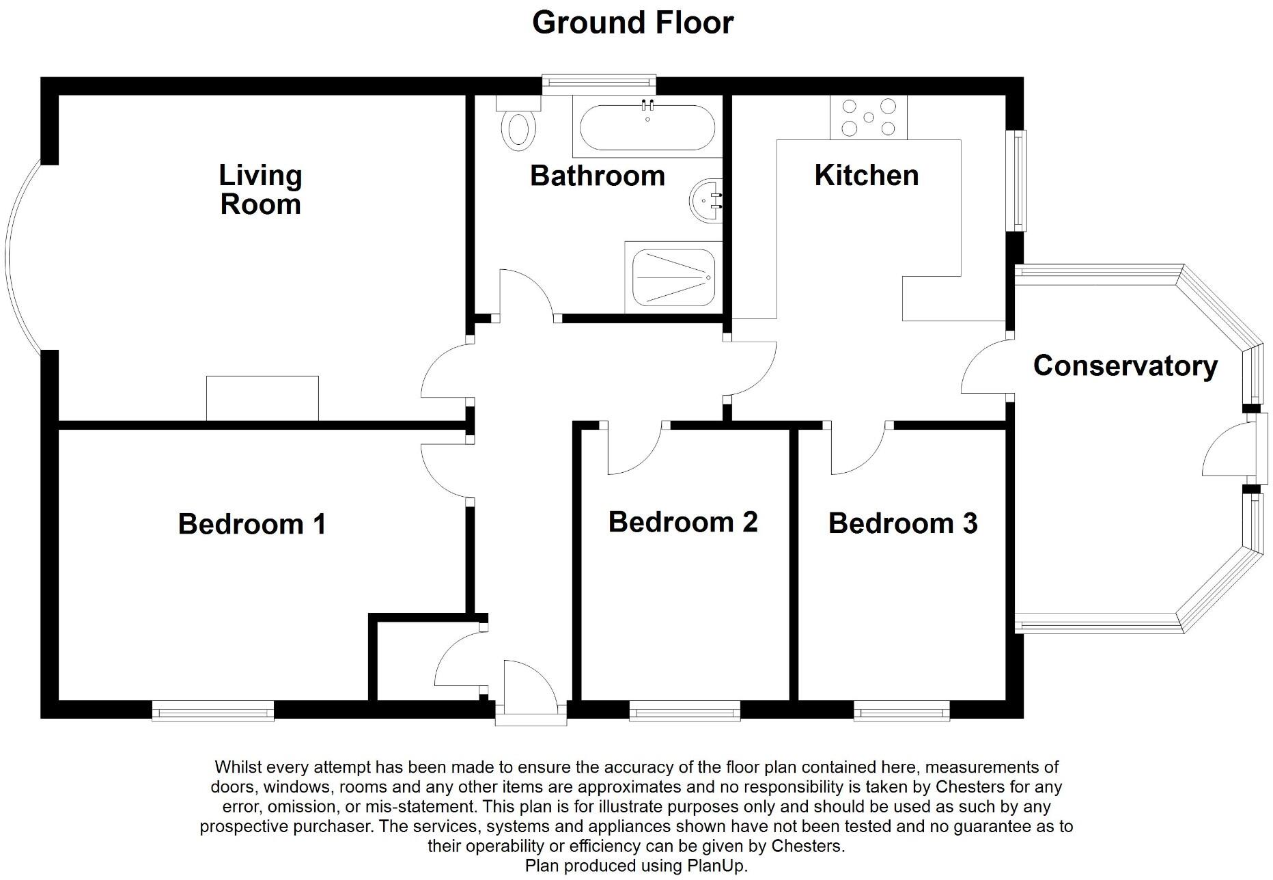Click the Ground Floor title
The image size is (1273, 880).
pyautogui.click(x=632, y=23)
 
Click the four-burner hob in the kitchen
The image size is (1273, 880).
pyautogui.click(x=869, y=118)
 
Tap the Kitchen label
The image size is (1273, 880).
pyautogui.click(x=866, y=176)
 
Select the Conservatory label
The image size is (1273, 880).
pyautogui.click(x=1125, y=366)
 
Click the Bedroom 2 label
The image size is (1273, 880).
pyautogui.click(x=683, y=522)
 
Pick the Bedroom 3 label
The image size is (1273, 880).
pyautogui.click(x=903, y=523)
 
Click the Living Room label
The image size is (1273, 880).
pyautogui.click(x=260, y=190)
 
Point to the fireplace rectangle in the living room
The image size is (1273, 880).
pyautogui.click(x=262, y=398)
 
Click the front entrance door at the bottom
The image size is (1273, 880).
pyautogui.click(x=531, y=690)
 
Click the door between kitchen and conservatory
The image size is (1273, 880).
pyautogui.click(x=987, y=369)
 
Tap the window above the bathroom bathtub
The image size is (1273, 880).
pyautogui.click(x=599, y=83)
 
